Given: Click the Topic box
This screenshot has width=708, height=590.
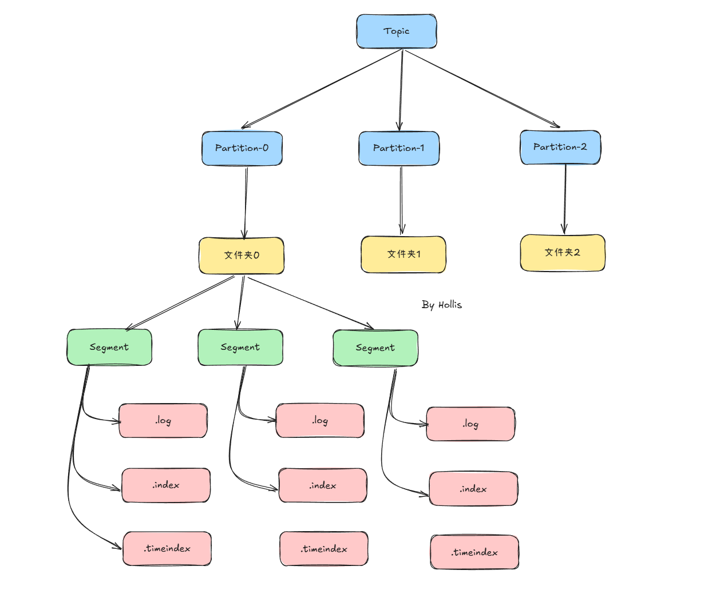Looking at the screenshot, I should coord(396,31).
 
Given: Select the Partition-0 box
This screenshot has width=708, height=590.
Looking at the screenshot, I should coord(242,148).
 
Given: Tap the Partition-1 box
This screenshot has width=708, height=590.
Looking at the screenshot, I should coord(399,148).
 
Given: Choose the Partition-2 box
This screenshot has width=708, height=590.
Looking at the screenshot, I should coord(560,147).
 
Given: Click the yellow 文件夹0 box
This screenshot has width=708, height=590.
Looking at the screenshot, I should coord(242,255).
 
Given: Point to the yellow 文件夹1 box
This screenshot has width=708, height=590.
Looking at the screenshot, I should coord(404,254).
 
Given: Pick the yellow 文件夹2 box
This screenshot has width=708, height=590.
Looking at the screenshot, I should coord(562,252).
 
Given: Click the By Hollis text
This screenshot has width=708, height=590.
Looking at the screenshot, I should coord(441,305).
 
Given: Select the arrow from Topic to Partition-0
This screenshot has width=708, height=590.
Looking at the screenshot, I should coord(322,89).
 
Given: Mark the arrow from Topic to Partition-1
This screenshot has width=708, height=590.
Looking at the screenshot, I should coord(401,89).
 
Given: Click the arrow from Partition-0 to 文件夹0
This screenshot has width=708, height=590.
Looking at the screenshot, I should coord(246,201).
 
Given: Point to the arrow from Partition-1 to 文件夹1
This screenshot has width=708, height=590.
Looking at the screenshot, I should coord(401,200).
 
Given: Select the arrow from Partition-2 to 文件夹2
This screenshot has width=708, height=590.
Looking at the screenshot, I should coord(565,198).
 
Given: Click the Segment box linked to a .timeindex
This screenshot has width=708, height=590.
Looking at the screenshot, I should coord(109,347).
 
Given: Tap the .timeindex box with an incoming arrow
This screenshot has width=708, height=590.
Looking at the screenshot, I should coord(167,548).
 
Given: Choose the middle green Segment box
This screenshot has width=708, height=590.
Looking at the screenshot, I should coord(240,347).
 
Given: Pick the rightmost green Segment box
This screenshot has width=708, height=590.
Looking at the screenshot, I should coord(375,348).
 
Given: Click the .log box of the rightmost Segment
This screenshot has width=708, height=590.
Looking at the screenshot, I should coord(470,424).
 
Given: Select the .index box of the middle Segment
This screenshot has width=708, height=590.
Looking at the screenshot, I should coord(323,485).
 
